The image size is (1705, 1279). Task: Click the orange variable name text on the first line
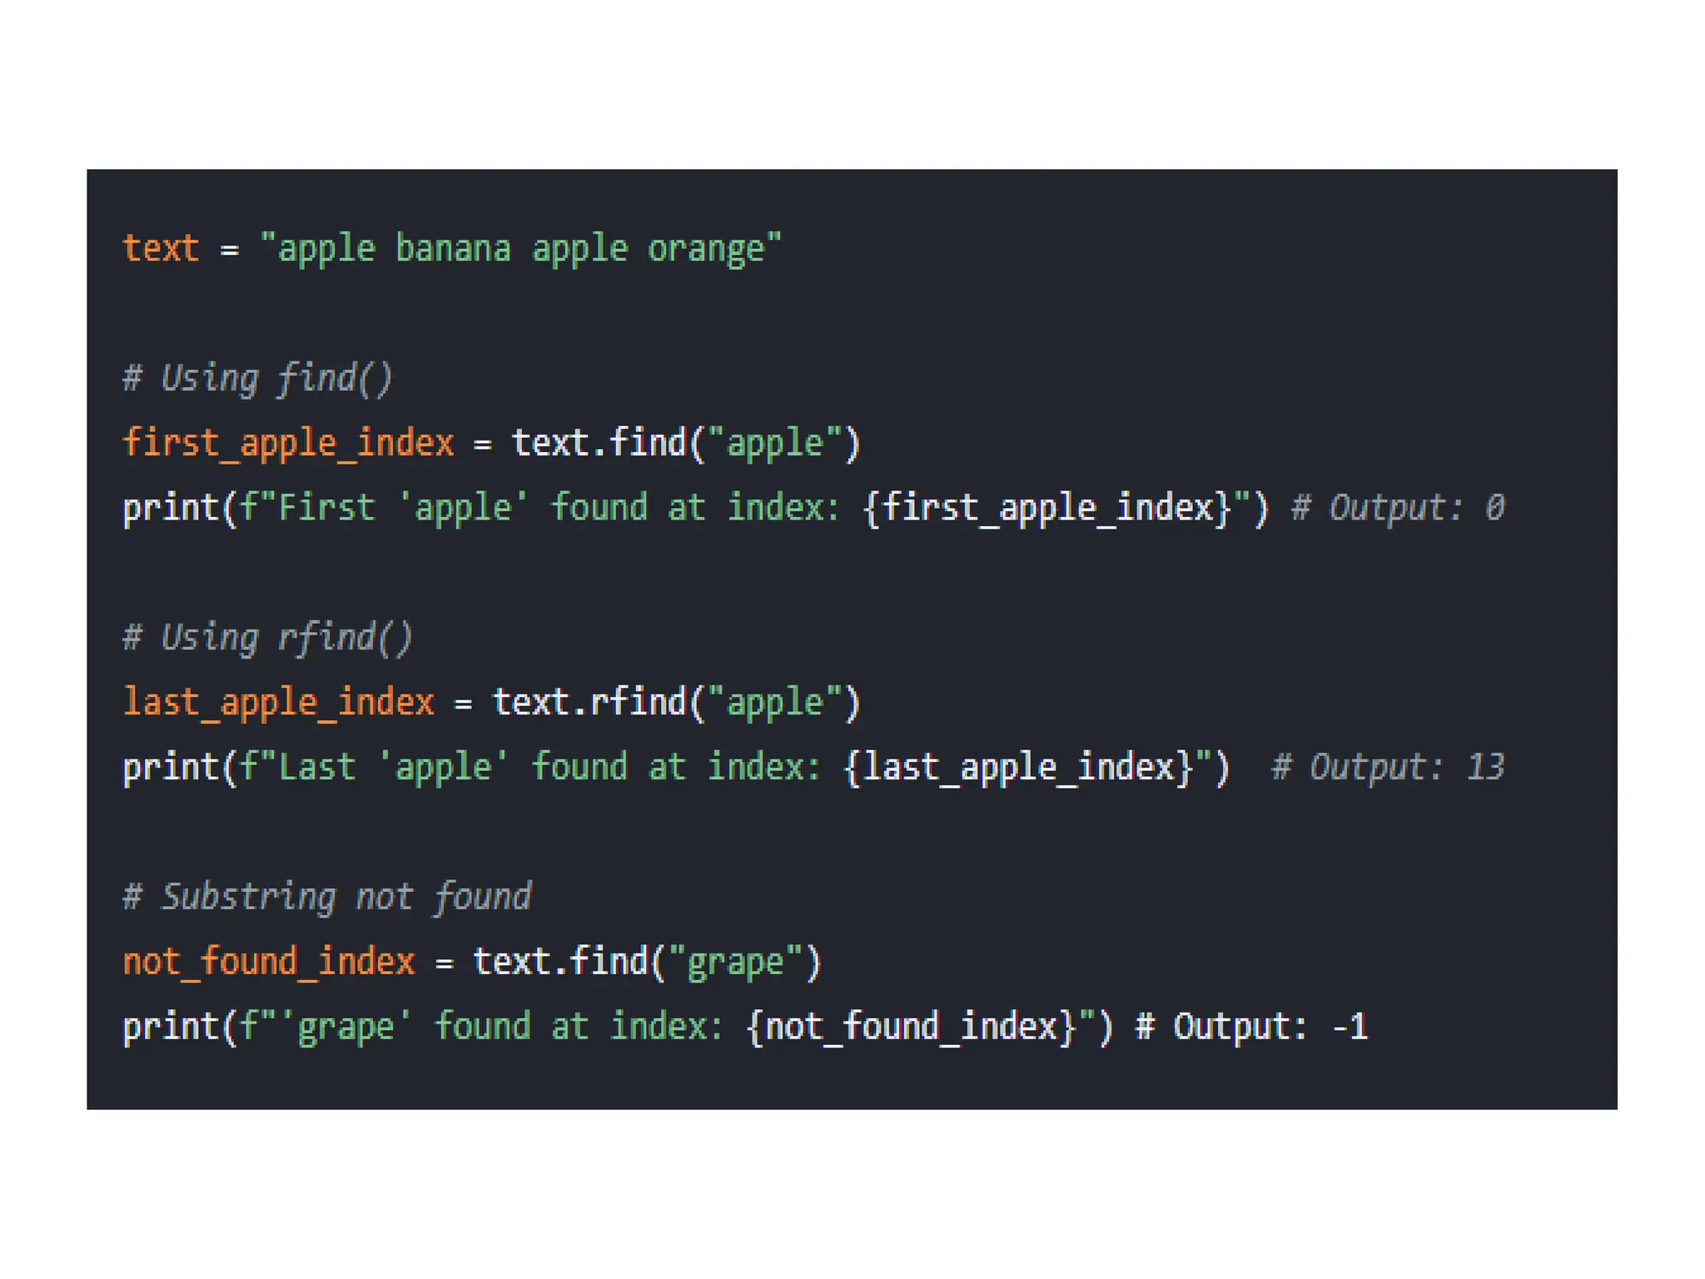click(161, 249)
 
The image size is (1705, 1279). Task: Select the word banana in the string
click(453, 249)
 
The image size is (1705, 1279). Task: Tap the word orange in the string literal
click(706, 249)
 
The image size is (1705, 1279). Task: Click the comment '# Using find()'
click(257, 379)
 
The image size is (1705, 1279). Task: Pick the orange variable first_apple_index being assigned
click(288, 443)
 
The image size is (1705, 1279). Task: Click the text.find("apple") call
click(685, 443)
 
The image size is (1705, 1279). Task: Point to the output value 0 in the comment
click(1494, 508)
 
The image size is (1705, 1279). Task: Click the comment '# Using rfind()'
click(267, 638)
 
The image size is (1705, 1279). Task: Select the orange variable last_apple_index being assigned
click(278, 703)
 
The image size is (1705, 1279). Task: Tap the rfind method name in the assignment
click(637, 703)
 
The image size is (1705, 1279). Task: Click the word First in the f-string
click(326, 508)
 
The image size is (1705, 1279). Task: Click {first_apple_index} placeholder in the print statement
click(1047, 508)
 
